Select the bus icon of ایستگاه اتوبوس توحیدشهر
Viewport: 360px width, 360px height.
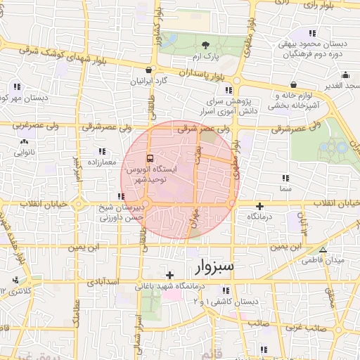coord(150,158)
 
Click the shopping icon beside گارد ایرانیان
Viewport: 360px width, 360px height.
coord(148,70)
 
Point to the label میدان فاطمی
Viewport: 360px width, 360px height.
coord(323,260)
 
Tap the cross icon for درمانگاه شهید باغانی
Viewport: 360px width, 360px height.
coord(169,275)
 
